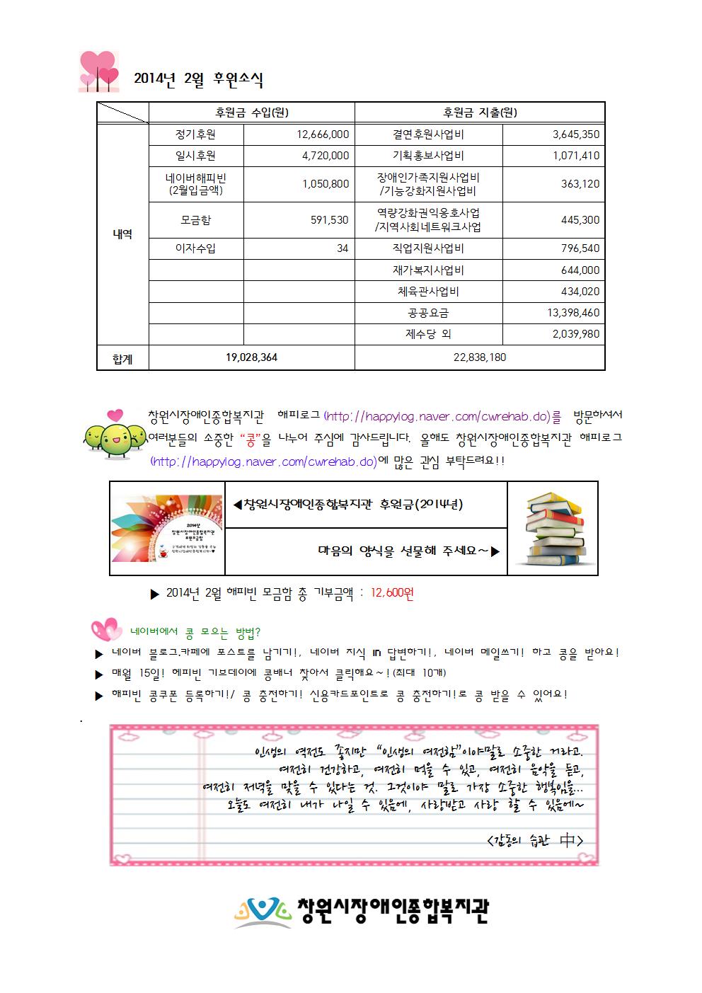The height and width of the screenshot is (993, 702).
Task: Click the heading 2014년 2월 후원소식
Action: coord(198,80)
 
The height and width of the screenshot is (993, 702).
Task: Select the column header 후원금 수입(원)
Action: coord(251,113)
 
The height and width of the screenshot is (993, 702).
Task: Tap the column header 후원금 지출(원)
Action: coord(480,113)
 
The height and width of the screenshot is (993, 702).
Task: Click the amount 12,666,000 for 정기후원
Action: coord(323,134)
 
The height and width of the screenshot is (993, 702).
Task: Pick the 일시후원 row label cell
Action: coord(196,156)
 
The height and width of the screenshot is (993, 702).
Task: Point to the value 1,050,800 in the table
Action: coord(326,184)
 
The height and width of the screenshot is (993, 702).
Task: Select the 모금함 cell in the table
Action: coord(196,220)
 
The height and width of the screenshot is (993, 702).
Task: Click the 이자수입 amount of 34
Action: coord(343,248)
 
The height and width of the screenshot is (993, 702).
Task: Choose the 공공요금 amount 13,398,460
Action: coord(572,312)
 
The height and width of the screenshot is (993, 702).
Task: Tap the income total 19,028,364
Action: coord(251,357)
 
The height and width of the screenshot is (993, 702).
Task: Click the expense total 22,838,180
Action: coord(480,357)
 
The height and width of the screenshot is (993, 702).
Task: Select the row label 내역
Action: coord(122,234)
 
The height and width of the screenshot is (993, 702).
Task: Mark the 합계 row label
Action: coord(122,358)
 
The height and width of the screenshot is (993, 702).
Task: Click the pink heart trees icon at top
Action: coord(98,72)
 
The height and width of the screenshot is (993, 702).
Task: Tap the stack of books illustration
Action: coord(553,528)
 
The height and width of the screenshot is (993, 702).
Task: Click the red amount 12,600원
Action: coord(392,593)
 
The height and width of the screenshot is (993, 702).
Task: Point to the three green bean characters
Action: coord(108,435)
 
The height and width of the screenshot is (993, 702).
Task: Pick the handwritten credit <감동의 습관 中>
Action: coord(536,840)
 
